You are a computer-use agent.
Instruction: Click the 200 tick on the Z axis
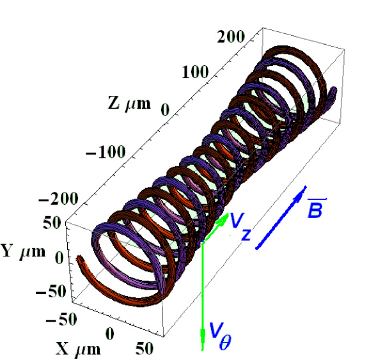click(x=231, y=37)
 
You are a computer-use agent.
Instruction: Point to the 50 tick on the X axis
click(x=148, y=348)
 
